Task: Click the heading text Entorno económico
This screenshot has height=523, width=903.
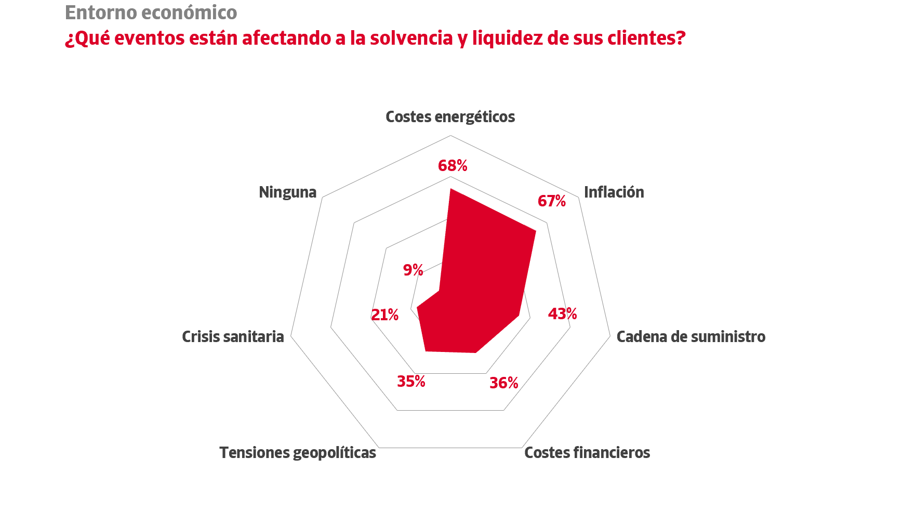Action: tap(151, 12)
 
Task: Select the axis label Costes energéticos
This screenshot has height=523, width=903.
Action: tap(450, 117)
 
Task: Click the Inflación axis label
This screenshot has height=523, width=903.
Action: tap(614, 192)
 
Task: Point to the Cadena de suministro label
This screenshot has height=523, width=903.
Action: tap(690, 337)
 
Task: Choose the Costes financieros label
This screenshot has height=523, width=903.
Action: tap(587, 453)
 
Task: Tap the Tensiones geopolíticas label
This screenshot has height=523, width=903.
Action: tap(298, 453)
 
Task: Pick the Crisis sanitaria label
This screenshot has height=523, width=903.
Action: tap(233, 337)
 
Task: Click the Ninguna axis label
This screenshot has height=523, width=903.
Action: tap(287, 192)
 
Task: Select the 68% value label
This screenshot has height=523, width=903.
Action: tap(453, 166)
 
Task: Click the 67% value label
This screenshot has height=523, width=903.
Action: tap(552, 201)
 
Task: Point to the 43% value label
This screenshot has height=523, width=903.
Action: tap(563, 314)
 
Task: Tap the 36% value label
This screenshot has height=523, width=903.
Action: tap(504, 383)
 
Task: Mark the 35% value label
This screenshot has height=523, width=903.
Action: tap(411, 382)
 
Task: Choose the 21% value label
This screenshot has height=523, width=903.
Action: tap(384, 315)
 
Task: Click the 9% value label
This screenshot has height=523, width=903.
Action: tap(413, 270)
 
